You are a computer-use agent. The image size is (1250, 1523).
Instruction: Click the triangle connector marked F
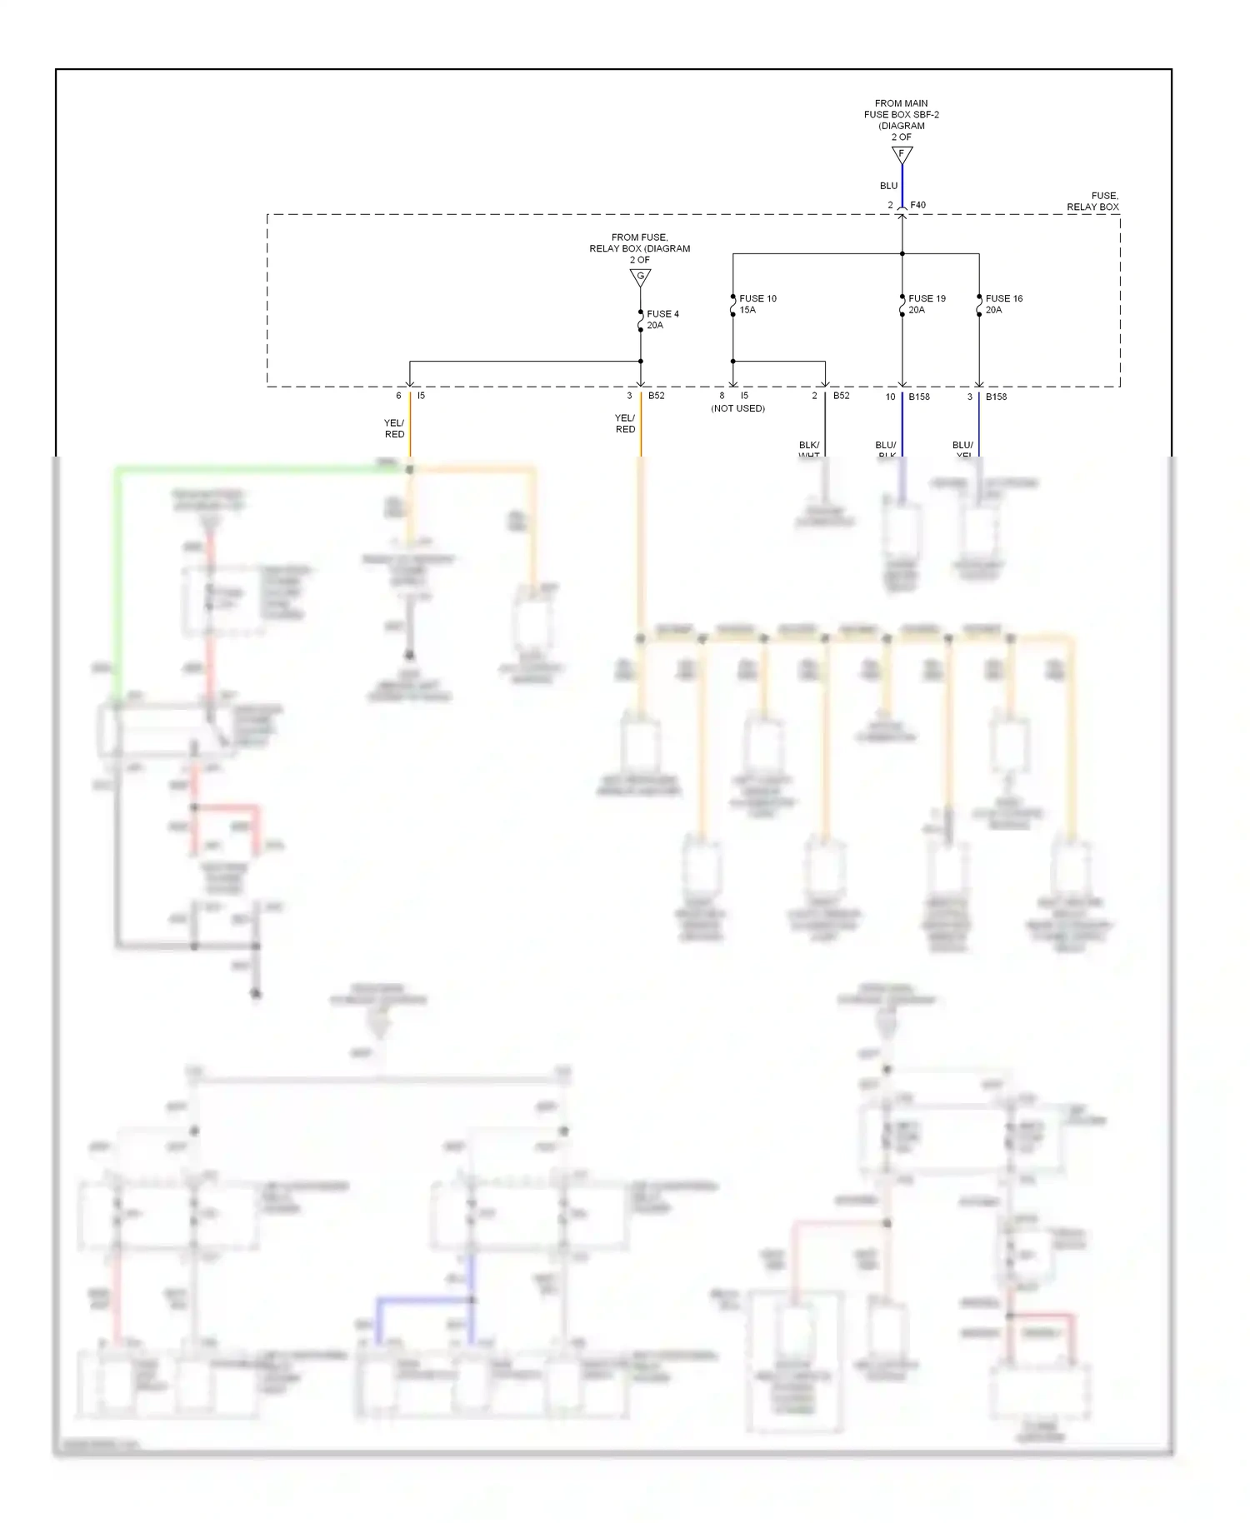coord(902,155)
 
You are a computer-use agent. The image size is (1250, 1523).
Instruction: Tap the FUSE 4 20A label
coord(662,320)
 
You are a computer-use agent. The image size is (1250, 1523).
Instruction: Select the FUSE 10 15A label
coord(757,304)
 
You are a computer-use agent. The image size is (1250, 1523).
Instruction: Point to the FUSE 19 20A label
coord(926,304)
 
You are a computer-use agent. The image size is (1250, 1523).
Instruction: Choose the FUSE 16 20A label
coord(1003,304)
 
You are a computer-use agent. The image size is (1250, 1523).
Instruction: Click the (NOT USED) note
coord(737,408)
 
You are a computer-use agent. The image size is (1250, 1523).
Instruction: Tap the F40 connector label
coord(917,205)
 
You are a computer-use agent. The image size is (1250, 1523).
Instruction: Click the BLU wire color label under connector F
coord(888,186)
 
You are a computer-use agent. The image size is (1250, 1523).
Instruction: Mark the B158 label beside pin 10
coord(919,397)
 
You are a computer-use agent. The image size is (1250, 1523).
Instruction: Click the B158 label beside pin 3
coord(996,397)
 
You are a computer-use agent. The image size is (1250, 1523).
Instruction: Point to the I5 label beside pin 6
coord(421,396)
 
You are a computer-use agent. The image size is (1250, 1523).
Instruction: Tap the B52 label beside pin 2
coord(841,396)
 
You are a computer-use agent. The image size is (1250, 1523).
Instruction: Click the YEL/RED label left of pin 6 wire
coord(394,429)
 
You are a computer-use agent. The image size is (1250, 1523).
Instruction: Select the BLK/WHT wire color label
coord(808,450)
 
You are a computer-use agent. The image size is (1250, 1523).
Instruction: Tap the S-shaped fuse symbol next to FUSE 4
coord(640,320)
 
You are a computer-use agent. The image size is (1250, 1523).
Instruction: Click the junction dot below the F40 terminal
coord(902,253)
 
